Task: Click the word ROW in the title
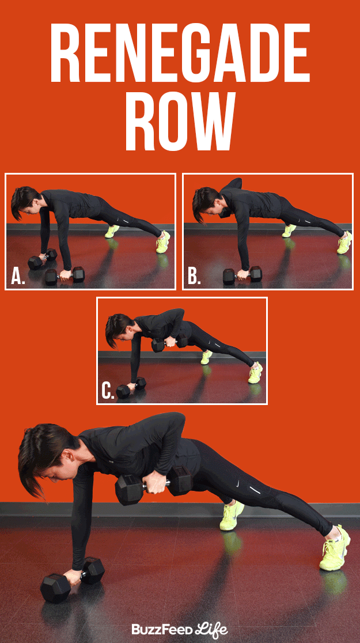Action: tap(180, 122)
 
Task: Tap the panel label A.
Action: tap(18, 277)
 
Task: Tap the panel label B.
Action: tap(195, 277)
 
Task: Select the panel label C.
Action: tap(108, 390)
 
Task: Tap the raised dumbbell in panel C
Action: tap(169, 343)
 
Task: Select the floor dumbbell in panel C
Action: tap(131, 389)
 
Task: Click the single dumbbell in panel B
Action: tap(242, 275)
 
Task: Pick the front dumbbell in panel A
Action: tap(65, 275)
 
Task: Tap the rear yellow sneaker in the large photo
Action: tap(231, 515)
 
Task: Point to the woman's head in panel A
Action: tap(25, 202)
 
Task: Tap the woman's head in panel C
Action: tap(119, 328)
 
